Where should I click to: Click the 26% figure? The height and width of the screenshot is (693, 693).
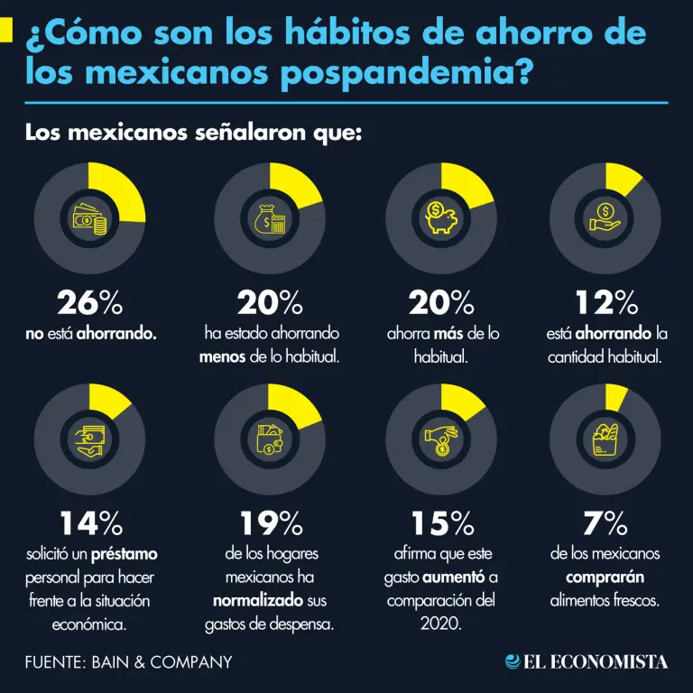[x=89, y=301]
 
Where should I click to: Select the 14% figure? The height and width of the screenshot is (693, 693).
[x=89, y=522]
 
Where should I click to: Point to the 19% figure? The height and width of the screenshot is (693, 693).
[x=270, y=522]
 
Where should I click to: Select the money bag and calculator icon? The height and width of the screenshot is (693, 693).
[x=270, y=217]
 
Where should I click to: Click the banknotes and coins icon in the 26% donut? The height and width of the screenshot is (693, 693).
[x=89, y=217]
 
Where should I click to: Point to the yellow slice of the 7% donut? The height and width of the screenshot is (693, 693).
[x=616, y=395]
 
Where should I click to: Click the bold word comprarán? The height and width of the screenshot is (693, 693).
[x=605, y=577]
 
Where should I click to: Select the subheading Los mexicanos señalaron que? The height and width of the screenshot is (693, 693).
[x=193, y=134]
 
